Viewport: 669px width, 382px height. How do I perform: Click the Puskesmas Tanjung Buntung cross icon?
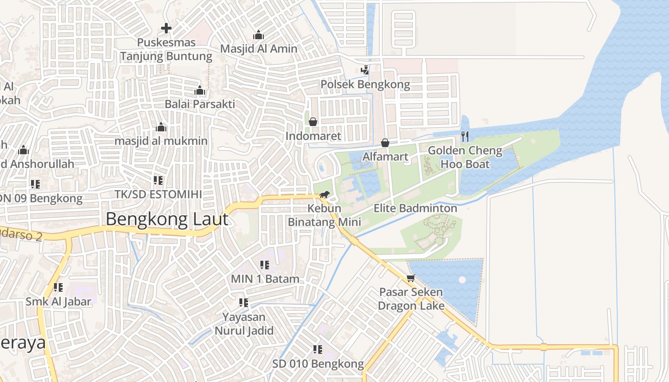click(166, 29)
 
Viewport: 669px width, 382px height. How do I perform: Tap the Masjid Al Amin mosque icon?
click(259, 35)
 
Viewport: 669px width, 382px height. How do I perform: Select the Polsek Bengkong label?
click(365, 85)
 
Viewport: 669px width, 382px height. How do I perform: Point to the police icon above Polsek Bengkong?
click(365, 70)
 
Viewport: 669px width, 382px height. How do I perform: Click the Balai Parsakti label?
click(200, 104)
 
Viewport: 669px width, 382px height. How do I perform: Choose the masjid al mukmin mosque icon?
click(161, 127)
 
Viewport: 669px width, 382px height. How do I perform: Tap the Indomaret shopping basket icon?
click(313, 122)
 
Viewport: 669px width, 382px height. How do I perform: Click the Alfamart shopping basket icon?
click(385, 143)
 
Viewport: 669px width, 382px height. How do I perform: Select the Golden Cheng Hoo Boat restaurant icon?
click(465, 137)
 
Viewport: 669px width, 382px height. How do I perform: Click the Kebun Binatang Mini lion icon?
click(324, 194)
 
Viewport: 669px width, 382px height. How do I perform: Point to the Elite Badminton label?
click(415, 208)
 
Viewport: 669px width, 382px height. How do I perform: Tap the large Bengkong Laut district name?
click(167, 219)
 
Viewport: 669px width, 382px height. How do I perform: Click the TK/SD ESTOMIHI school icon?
click(158, 180)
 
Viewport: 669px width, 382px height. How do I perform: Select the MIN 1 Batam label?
click(265, 279)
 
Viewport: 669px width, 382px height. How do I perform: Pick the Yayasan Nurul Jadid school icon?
click(244, 303)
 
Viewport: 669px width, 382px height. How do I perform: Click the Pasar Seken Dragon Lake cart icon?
click(410, 278)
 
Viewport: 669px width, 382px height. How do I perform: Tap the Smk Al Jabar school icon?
click(58, 287)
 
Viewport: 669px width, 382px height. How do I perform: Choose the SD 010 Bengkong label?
click(318, 364)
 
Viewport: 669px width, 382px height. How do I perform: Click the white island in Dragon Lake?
click(462, 280)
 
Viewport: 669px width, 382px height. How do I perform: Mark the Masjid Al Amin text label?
click(259, 49)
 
